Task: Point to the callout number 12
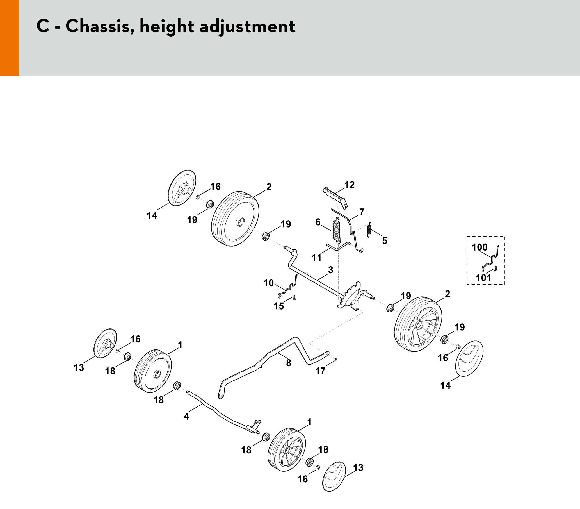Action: [349, 185]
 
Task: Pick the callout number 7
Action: [362, 212]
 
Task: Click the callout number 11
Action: [316, 258]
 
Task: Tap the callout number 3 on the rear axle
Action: [330, 270]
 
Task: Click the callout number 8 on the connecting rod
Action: [289, 363]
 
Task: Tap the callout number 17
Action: [320, 371]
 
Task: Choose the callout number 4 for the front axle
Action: [186, 417]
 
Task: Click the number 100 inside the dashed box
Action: [479, 247]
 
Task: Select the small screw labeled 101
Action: [496, 269]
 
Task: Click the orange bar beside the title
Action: [10, 38]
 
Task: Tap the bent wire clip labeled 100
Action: [492, 257]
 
